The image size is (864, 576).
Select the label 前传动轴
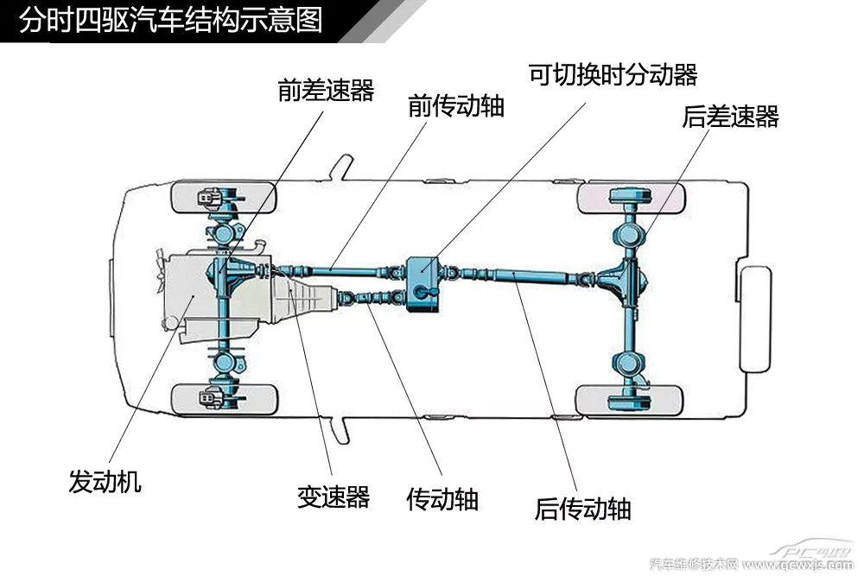pyautogui.click(x=456, y=106)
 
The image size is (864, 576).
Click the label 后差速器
pyautogui.click(x=730, y=117)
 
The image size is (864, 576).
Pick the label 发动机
pyautogui.click(x=105, y=481)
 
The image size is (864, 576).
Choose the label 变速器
pyautogui.click(x=334, y=497)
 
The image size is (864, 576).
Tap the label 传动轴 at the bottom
pyautogui.click(x=442, y=498)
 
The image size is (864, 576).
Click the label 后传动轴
pyautogui.click(x=582, y=508)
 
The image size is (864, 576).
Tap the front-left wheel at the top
pyautogui.click(x=226, y=199)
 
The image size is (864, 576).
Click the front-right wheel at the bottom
pyautogui.click(x=226, y=399)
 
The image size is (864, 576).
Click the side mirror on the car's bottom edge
pyautogui.click(x=344, y=427)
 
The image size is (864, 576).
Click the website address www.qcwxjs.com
pyautogui.click(x=799, y=565)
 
